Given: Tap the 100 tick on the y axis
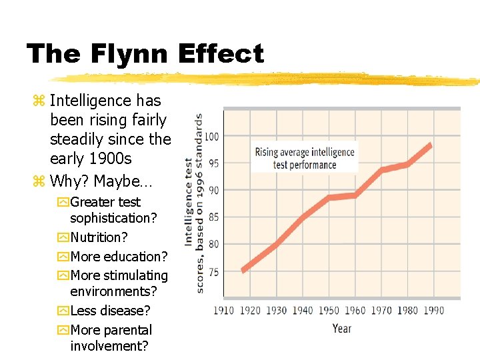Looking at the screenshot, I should [x=211, y=137].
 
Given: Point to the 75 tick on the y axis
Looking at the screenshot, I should [x=214, y=272].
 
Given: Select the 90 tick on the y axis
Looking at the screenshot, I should [x=214, y=191].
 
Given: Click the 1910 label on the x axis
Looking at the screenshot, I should [x=224, y=311].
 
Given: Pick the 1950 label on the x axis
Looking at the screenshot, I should [x=329, y=311].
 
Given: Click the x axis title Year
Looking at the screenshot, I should [x=342, y=328].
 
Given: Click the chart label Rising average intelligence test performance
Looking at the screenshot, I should [x=305, y=158].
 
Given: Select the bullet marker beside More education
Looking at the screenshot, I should [x=63, y=257].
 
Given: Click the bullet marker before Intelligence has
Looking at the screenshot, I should [x=39, y=101].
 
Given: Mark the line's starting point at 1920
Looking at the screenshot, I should [x=244, y=269].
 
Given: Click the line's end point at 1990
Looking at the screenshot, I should [x=431, y=145].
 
